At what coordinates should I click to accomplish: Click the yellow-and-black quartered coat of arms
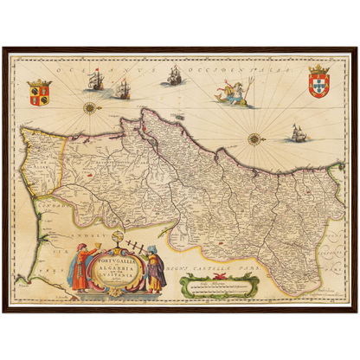[x=39, y=92]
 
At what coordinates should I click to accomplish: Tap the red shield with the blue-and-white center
[x=318, y=80]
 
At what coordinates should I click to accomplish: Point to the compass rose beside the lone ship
[x=254, y=138]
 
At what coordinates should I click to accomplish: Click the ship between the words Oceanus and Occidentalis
[x=173, y=75]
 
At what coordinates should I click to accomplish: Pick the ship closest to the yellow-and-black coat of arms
[x=94, y=80]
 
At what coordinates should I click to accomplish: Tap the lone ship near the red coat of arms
[x=299, y=132]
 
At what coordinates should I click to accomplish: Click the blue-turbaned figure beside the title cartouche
[x=154, y=269]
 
